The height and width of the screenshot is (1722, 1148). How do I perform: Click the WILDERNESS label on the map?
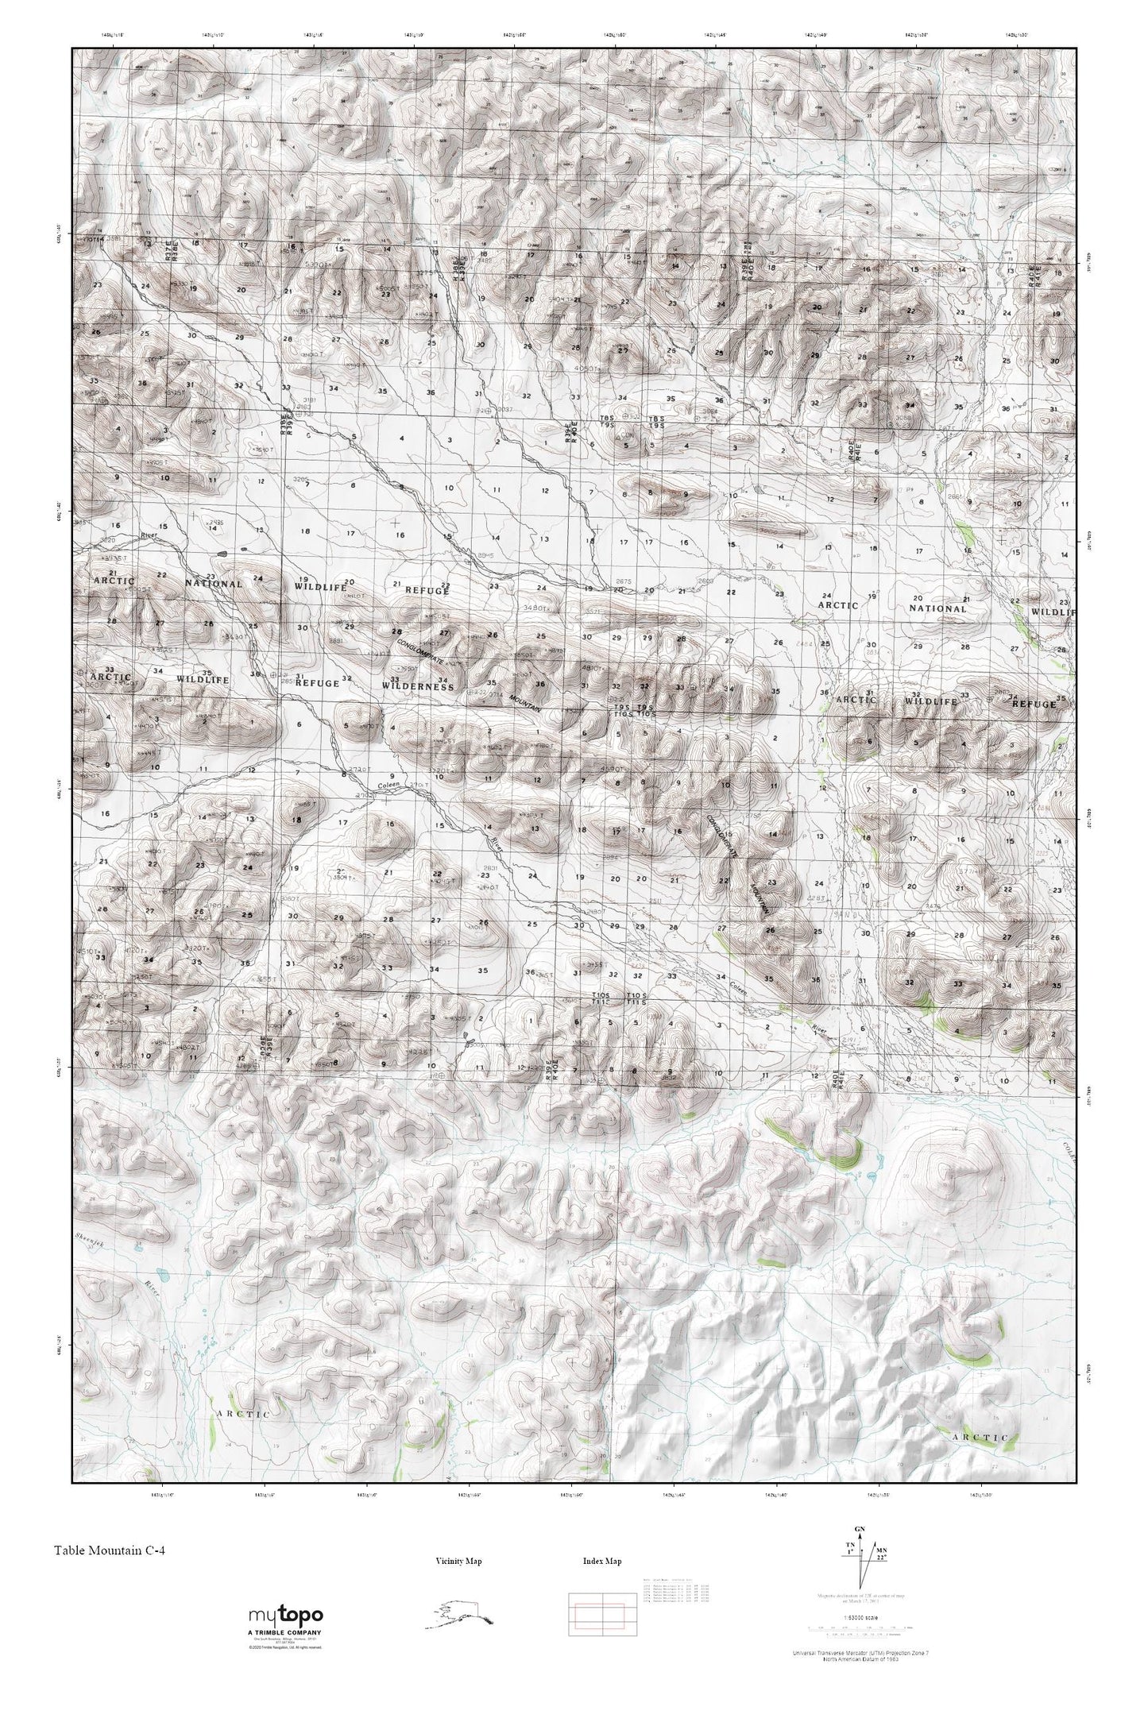tap(418, 685)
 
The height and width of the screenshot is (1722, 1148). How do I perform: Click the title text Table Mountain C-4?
tap(110, 1549)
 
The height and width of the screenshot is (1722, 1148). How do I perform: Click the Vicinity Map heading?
tap(458, 1561)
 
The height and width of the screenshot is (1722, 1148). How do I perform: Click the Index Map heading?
tap(601, 1561)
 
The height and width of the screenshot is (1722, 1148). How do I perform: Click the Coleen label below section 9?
tap(388, 786)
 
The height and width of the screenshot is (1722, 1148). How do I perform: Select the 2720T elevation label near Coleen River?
tap(361, 770)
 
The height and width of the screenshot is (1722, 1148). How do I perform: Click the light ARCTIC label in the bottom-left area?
tap(243, 1414)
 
